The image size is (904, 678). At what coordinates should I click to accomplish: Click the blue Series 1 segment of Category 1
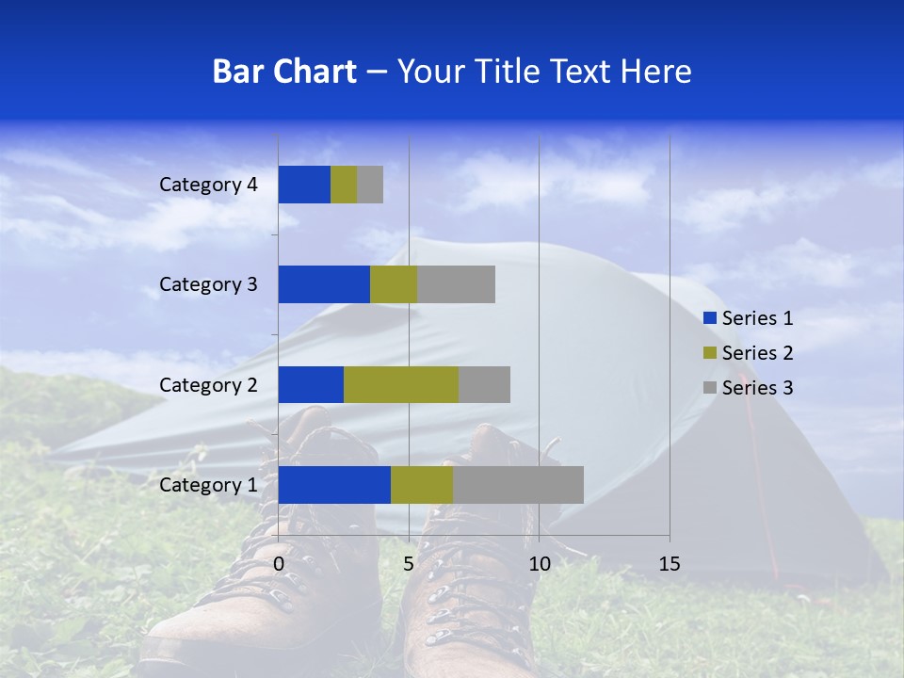coord(334,485)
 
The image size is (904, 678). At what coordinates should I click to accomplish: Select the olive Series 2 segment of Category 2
coord(401,384)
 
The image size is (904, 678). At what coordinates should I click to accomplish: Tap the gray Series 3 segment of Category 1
coord(518,485)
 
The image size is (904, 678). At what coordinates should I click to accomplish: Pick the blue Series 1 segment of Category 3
coord(324,284)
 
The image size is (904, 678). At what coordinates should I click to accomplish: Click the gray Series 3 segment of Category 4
coord(370,185)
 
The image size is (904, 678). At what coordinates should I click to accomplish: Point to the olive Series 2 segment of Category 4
coord(344,185)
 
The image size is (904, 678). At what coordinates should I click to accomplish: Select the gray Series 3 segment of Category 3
coord(456,284)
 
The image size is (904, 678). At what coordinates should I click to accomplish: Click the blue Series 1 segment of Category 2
coord(311,384)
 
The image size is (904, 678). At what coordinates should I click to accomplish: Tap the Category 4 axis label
coord(208,185)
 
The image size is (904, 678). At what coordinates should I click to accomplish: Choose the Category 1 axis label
coord(208,485)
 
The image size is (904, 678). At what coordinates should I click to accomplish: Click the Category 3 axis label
coord(208,284)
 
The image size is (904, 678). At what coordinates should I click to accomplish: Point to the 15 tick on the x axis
coord(670,564)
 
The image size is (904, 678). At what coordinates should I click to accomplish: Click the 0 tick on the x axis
coord(279,564)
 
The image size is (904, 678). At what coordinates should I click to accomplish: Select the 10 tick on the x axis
coord(539,564)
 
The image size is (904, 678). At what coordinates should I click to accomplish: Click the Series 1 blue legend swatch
coord(709,318)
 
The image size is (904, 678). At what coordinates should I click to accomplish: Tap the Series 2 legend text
coord(757,353)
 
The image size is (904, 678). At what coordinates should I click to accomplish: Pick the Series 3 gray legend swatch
coord(709,387)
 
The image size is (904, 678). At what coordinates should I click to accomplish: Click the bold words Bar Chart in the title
coord(284,72)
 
